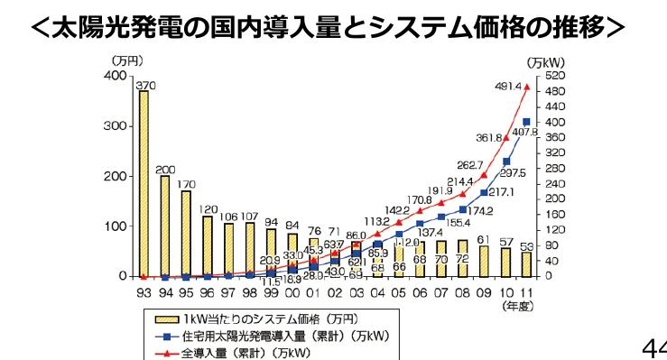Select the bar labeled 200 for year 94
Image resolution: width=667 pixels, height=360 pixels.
(165, 226)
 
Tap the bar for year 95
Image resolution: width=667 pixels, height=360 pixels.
(186, 233)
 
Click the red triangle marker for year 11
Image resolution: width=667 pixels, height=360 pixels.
(525, 87)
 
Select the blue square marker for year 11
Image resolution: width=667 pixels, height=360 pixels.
(525, 121)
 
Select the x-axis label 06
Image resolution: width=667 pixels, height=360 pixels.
(420, 292)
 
